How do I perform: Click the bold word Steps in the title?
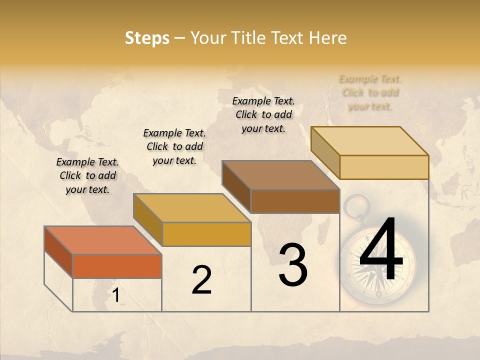[147, 38]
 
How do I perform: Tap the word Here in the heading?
[327, 38]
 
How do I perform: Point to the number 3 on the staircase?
[292, 265]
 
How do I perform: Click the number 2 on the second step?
[201, 280]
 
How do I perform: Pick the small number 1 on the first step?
[116, 296]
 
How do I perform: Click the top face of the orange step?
[102, 240]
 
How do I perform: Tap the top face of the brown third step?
[280, 175]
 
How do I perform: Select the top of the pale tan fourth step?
[369, 141]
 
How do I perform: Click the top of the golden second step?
[191, 208]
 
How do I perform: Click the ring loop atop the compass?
[355, 205]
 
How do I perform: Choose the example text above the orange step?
[87, 175]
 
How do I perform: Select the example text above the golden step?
[174, 146]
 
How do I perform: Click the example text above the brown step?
[263, 114]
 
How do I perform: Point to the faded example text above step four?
[370, 92]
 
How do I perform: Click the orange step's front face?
[117, 266]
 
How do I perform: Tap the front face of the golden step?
[206, 234]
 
